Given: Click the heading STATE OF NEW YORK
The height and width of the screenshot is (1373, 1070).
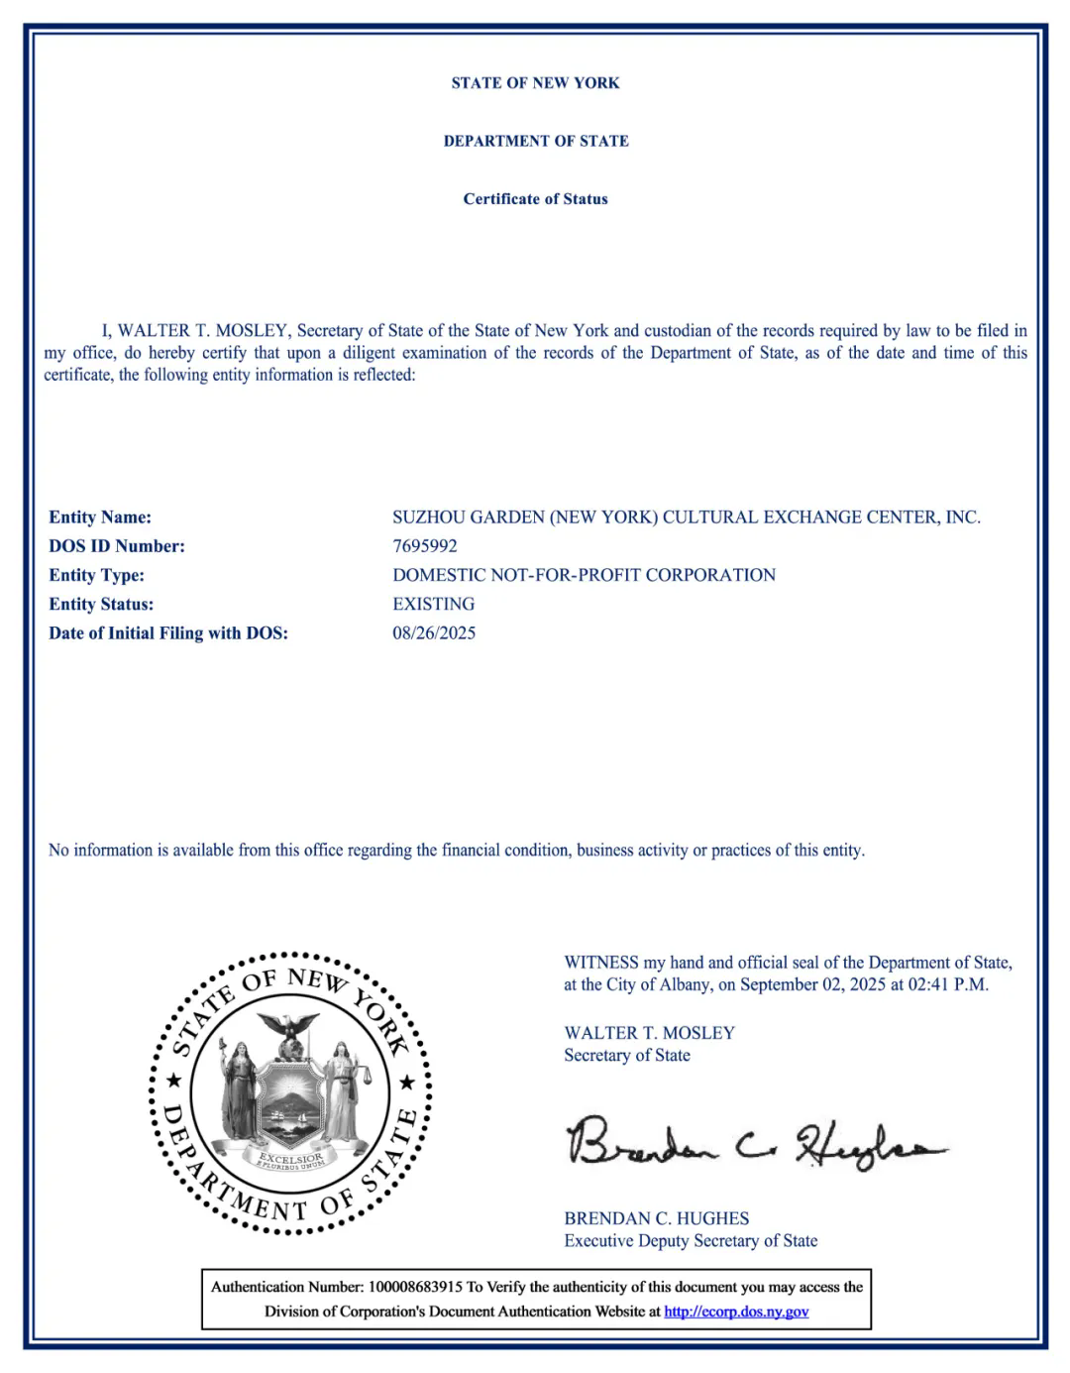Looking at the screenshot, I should click(x=535, y=83).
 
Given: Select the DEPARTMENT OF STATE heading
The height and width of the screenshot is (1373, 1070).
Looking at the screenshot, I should click(x=535, y=141).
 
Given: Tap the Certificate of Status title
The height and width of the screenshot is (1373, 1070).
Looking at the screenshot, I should click(x=535, y=199).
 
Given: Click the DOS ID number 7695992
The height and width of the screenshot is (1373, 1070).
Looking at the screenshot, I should click(x=425, y=546).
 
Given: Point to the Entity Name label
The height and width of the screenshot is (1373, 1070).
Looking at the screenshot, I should click(x=100, y=517).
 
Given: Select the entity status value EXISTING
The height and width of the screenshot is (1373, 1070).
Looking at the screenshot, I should click(x=433, y=604).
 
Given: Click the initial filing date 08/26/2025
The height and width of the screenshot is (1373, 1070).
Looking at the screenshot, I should click(x=434, y=633).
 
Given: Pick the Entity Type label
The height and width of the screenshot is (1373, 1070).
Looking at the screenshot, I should click(x=96, y=575).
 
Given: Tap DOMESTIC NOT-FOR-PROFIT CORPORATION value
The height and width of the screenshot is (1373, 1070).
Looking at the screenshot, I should click(x=584, y=575).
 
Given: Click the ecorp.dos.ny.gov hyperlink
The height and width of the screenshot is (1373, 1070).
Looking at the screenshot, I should click(x=736, y=1312).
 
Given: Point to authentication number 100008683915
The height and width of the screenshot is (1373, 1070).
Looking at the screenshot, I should click(x=415, y=1288).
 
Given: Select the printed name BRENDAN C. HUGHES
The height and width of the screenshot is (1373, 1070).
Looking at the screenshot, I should click(x=656, y=1218).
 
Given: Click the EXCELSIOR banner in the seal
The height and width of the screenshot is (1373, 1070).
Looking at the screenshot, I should click(x=289, y=1159).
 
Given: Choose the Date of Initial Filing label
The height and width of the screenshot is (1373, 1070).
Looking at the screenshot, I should click(x=168, y=633).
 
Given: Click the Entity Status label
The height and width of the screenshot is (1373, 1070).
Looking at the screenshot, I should click(x=101, y=604).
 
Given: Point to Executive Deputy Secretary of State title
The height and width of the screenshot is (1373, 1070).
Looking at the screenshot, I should click(x=691, y=1241).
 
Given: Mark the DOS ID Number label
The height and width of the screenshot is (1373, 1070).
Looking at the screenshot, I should click(x=117, y=546).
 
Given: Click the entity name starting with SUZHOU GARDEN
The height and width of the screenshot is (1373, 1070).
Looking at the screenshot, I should click(x=686, y=517).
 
